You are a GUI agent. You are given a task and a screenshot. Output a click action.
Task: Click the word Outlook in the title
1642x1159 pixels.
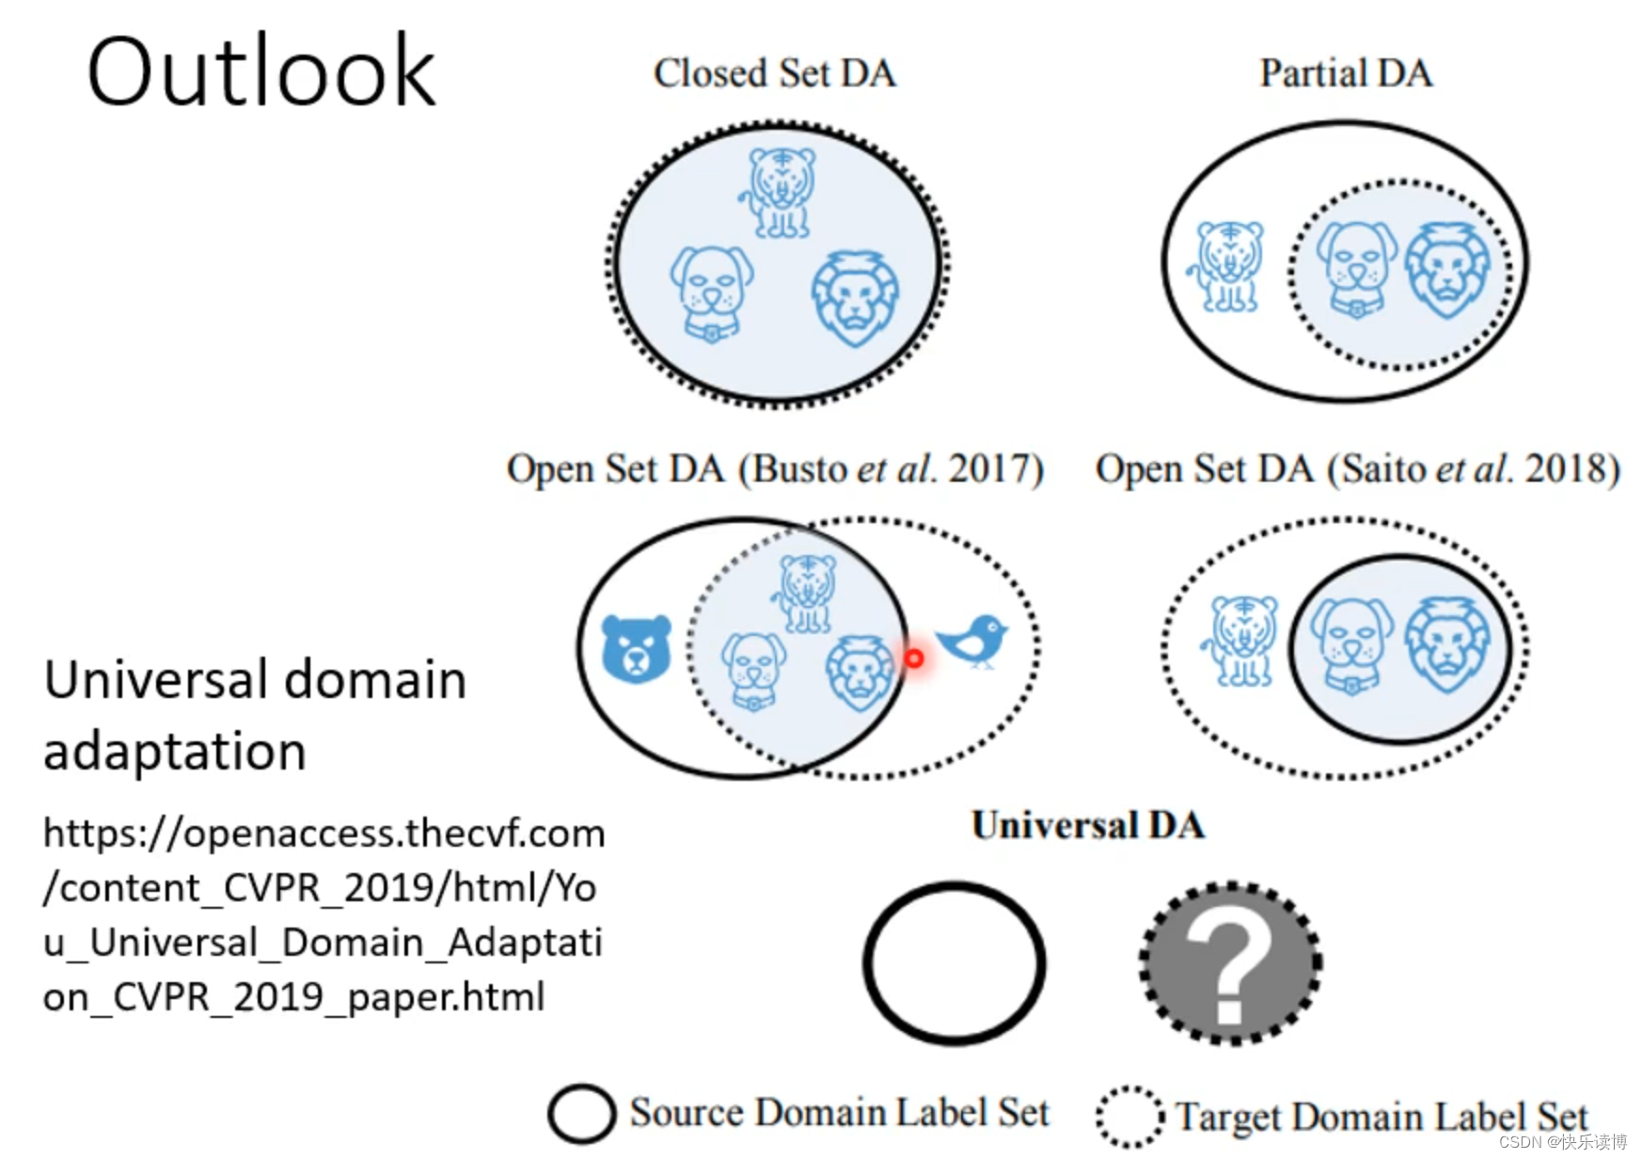click(x=261, y=71)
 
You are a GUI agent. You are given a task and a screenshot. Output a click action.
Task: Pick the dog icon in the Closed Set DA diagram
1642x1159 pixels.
click(x=712, y=293)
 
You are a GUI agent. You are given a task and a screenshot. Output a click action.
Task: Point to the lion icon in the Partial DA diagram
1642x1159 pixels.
click(x=1447, y=271)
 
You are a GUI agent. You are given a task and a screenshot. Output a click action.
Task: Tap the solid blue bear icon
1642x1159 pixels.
click(x=636, y=648)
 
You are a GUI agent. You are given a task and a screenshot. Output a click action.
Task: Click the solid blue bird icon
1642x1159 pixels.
click(x=974, y=641)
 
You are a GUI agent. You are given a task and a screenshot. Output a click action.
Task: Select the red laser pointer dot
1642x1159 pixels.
click(x=913, y=659)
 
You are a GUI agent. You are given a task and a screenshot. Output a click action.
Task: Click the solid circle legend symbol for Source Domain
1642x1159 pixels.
click(x=581, y=1114)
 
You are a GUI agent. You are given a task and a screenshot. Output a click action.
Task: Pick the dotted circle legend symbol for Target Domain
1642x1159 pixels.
click(x=1129, y=1117)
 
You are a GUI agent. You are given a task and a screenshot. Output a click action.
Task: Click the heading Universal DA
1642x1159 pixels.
click(x=1088, y=826)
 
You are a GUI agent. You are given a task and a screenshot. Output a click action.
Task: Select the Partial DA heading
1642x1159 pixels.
click(x=1346, y=73)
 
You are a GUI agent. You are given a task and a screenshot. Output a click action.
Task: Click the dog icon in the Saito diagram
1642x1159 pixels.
click(x=1351, y=645)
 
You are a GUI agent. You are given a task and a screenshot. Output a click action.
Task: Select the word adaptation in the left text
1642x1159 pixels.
click(x=175, y=752)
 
